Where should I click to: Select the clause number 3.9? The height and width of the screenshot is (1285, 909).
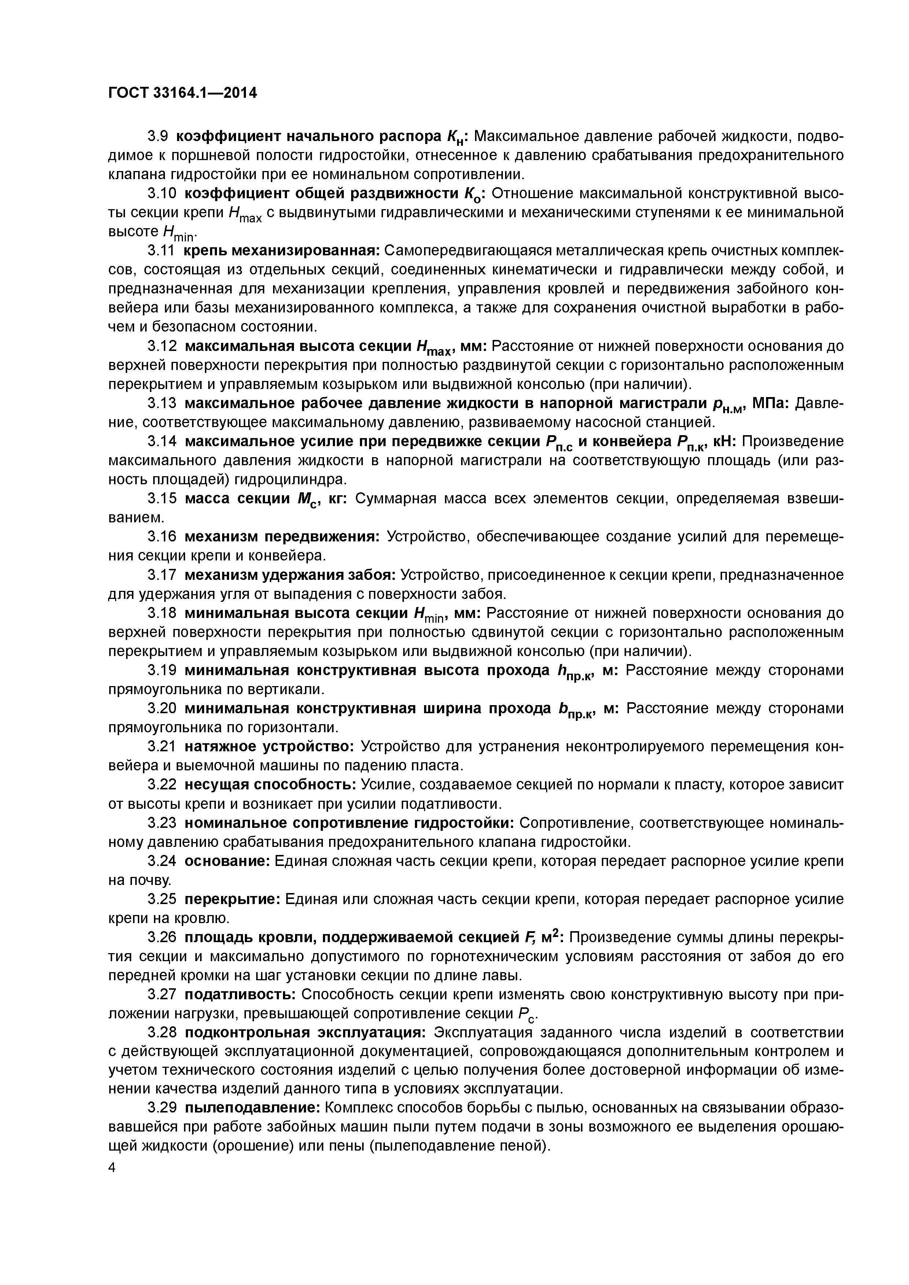tap(158, 136)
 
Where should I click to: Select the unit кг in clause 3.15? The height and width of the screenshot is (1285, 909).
tap(336, 498)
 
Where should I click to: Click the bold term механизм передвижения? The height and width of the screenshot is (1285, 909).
tap(282, 536)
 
